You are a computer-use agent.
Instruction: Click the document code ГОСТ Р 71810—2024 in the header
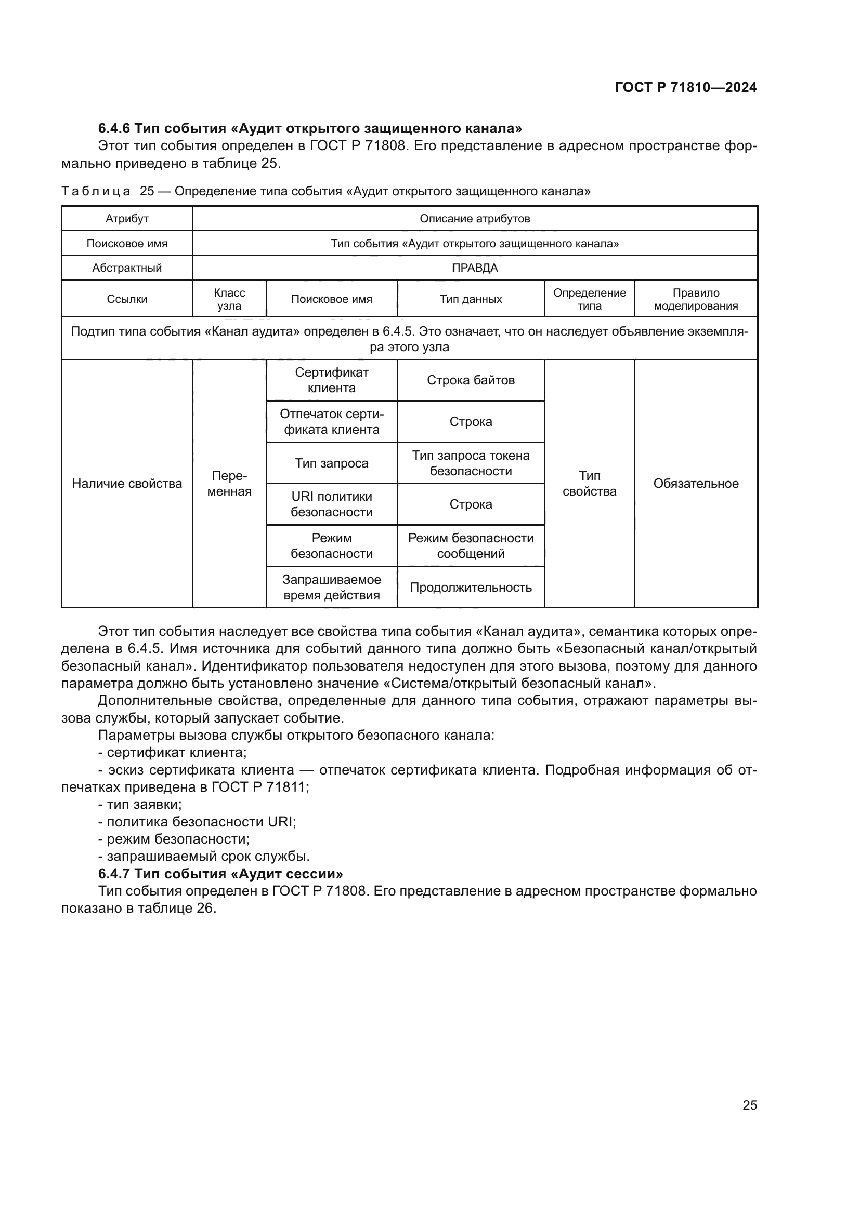tap(685, 88)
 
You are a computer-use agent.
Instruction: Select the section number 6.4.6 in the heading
tap(114, 129)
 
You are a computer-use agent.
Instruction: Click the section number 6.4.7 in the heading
tap(114, 874)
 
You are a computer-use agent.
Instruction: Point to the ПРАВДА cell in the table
tap(475, 268)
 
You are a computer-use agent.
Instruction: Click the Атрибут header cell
tap(127, 219)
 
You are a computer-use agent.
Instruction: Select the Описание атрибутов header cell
tap(475, 219)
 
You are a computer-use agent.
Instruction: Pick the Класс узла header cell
tap(229, 299)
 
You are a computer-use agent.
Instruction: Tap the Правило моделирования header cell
tap(695, 299)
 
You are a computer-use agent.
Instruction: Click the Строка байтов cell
tap(471, 380)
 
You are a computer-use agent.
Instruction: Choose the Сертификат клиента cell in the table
tap(332, 380)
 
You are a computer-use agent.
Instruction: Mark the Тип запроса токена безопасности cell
tap(471, 463)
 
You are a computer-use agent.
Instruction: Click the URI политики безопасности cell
tap(332, 504)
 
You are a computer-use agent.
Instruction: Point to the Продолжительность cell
tap(471, 588)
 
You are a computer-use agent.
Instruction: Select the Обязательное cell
tap(695, 483)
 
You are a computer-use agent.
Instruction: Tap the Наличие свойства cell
tap(127, 483)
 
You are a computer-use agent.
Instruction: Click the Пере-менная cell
tap(229, 483)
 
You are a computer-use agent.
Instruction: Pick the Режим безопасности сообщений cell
tap(471, 545)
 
